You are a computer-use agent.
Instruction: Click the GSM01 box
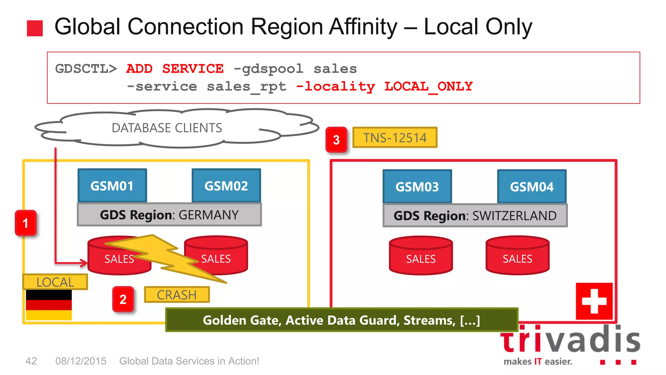click(112, 186)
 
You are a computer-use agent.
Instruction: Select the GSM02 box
click(226, 186)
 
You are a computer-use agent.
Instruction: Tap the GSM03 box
click(417, 187)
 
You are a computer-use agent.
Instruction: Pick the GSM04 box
click(532, 187)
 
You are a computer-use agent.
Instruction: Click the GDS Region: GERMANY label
click(169, 215)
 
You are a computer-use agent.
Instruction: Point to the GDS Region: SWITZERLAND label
click(475, 215)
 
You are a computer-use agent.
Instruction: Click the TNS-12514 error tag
click(395, 138)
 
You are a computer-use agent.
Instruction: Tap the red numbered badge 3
click(336, 140)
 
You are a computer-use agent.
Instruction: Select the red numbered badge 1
click(25, 223)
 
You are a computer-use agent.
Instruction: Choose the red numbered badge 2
click(123, 299)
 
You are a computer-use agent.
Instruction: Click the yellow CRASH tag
click(177, 295)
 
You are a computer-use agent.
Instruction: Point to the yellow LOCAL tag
click(55, 282)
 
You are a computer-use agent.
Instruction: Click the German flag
click(49, 305)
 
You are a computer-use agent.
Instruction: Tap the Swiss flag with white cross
click(594, 301)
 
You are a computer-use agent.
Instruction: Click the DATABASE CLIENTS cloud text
click(167, 128)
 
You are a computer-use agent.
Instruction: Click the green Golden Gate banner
click(341, 320)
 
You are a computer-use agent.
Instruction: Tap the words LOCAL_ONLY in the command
click(429, 87)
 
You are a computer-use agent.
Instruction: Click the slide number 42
click(31, 361)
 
